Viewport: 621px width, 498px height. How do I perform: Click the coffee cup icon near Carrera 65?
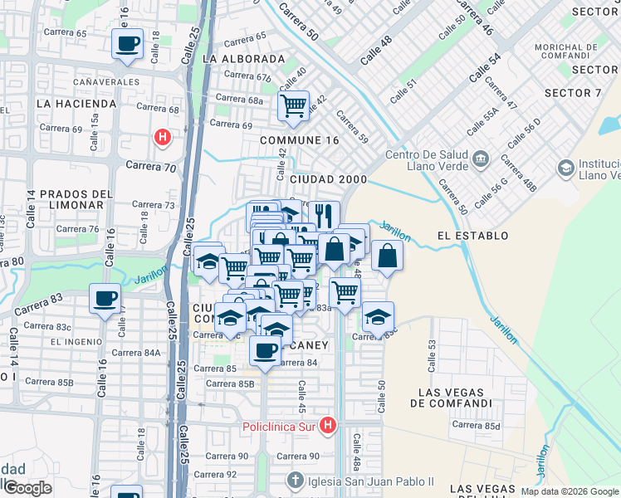(x=127, y=43)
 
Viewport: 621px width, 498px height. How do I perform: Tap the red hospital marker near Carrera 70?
(x=163, y=137)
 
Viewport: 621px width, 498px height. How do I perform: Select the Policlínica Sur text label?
(x=280, y=427)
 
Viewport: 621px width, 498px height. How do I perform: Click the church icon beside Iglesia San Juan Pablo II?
(x=295, y=481)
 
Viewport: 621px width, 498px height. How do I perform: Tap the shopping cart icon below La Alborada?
(x=293, y=105)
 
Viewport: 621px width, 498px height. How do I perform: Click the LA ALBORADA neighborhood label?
(x=242, y=60)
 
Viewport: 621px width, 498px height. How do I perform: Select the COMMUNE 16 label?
(x=300, y=140)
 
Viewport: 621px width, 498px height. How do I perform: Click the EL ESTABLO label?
(x=472, y=236)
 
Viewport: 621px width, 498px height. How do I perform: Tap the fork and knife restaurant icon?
(x=324, y=215)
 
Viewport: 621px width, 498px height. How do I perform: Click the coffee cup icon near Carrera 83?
(x=105, y=298)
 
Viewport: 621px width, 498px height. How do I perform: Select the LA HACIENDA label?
(x=76, y=104)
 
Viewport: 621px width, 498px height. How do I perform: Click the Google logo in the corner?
(x=27, y=488)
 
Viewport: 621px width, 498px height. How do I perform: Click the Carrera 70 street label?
(x=152, y=166)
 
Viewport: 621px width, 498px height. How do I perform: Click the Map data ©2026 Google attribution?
(x=570, y=491)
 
